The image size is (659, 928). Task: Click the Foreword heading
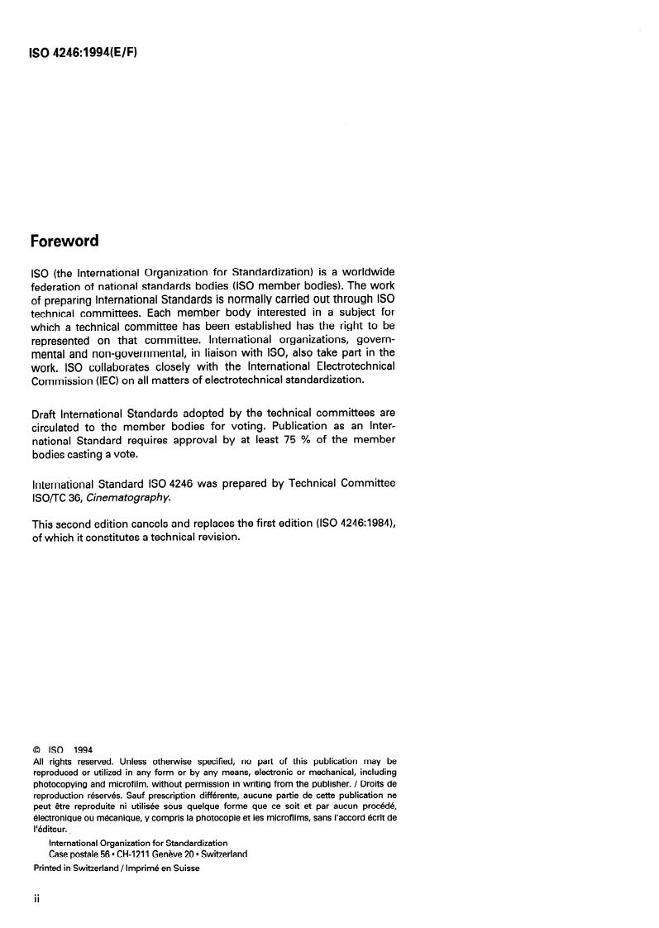point(64,242)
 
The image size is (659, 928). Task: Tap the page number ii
point(36,898)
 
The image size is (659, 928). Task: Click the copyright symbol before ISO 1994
point(36,750)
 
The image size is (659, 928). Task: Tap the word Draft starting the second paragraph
point(46,413)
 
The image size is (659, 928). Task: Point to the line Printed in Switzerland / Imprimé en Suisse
point(116,868)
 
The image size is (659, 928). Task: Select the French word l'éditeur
point(49,828)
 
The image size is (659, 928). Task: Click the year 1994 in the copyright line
point(83,750)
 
